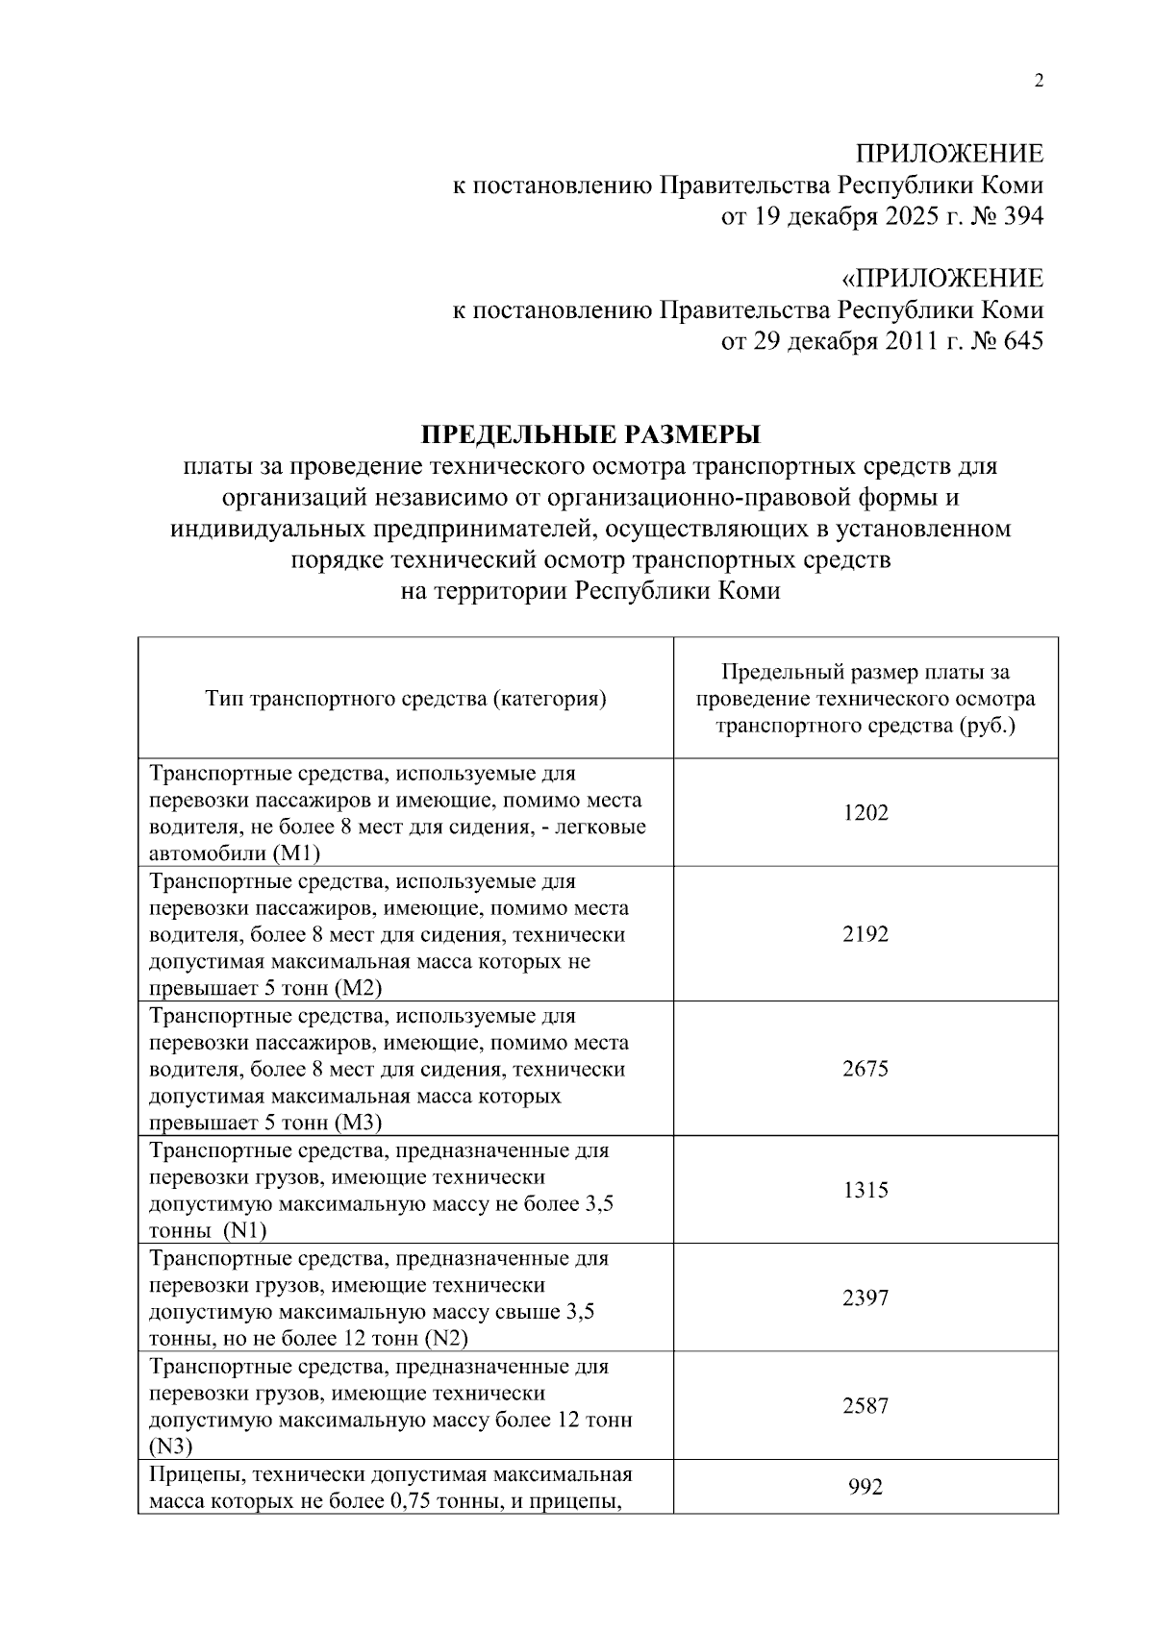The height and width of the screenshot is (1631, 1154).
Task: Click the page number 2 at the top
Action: pos(1038,81)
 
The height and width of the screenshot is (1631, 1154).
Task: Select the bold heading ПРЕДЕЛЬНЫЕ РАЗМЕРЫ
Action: pos(591,435)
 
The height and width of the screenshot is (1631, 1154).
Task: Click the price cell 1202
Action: pos(865,813)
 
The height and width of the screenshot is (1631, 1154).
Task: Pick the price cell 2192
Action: pos(865,934)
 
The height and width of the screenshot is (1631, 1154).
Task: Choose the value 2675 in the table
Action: pos(865,1069)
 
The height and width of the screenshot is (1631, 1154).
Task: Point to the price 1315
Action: pos(865,1190)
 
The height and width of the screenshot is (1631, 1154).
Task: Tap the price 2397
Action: pos(865,1298)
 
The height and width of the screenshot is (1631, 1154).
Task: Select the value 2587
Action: pos(865,1406)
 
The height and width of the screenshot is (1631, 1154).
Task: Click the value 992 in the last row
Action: pos(865,1488)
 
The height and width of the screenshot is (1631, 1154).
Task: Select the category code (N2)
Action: pos(445,1339)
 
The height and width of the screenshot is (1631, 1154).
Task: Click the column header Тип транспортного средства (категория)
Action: pos(406,699)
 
